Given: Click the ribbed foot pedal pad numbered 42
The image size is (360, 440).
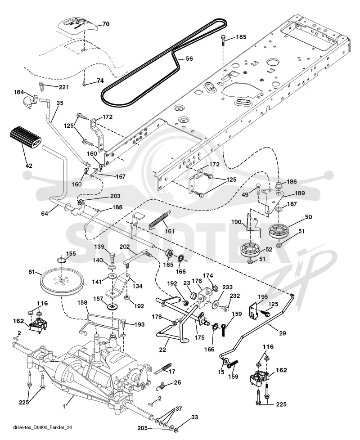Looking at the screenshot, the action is pos(25,138).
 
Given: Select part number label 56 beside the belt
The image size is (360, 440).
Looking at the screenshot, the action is pos(189,58).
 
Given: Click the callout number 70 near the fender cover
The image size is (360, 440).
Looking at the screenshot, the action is pos(106,24).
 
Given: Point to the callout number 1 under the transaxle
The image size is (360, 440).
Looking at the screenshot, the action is pos(64,406).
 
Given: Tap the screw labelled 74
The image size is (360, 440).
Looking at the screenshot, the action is pos(84,82).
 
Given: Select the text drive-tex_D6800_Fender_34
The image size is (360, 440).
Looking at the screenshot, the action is pos(42,427).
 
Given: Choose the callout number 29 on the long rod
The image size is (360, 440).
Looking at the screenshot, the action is pos(282,333).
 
